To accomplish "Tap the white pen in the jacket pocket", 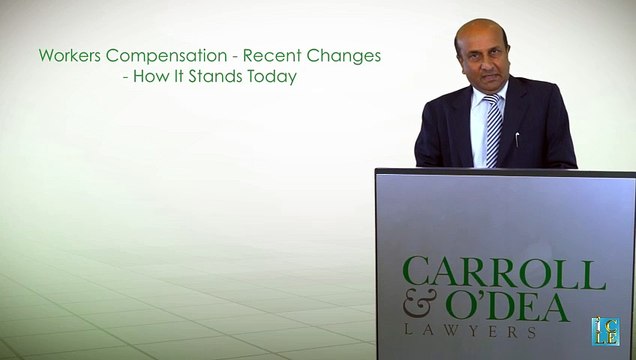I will [x=516, y=137].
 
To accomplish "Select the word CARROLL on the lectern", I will [x=503, y=274].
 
